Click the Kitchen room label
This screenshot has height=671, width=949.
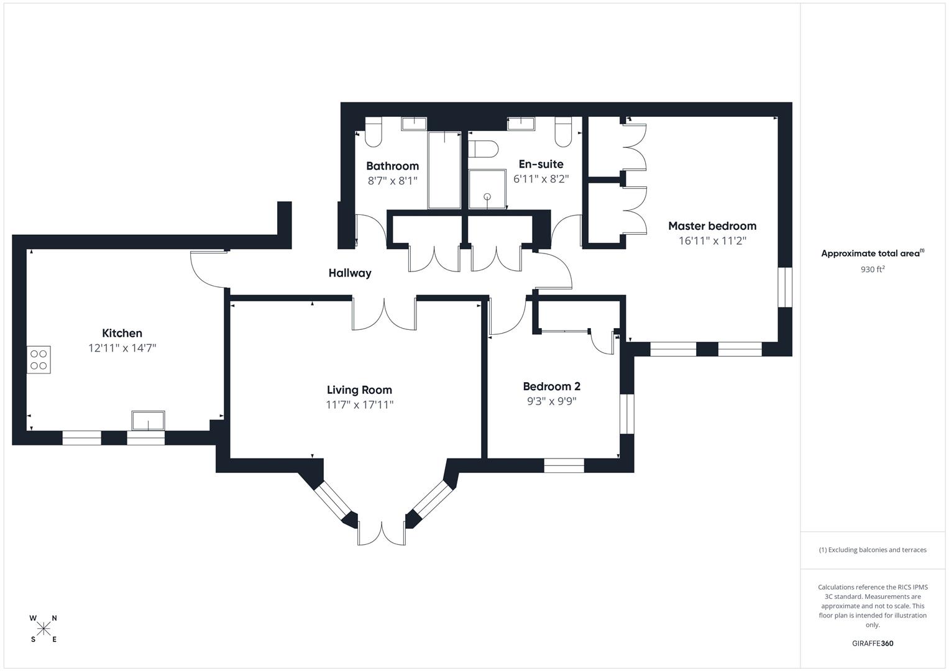(x=122, y=333)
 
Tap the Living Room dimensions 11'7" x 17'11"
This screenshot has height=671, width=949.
(x=360, y=405)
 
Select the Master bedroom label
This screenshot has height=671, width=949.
(x=712, y=226)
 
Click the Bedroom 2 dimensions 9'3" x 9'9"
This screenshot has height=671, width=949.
(x=551, y=401)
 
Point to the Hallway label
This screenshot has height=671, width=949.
(x=350, y=273)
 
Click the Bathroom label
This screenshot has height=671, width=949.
(x=392, y=166)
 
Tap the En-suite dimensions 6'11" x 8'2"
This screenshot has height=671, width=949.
(x=541, y=179)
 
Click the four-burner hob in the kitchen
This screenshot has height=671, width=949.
(x=39, y=359)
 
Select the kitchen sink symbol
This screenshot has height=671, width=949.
(x=148, y=421)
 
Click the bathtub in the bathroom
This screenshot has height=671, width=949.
(x=444, y=170)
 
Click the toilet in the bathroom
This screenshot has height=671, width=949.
(x=373, y=132)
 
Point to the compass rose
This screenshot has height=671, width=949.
(x=44, y=629)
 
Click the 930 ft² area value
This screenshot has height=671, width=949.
(x=873, y=270)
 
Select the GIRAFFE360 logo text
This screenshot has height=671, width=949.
(x=873, y=644)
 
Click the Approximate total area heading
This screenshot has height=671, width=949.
(x=873, y=253)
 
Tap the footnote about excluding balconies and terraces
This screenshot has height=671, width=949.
(x=873, y=550)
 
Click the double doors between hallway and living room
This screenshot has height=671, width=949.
(x=384, y=314)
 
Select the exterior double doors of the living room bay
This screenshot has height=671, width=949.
(x=382, y=533)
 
